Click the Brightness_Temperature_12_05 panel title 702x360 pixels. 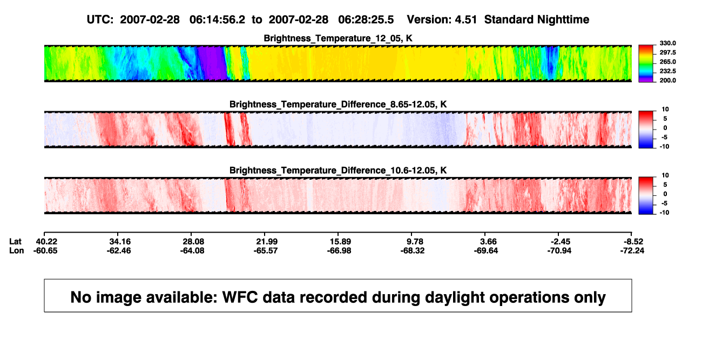[x=338, y=38]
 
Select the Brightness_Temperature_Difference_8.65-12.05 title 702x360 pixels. [x=338, y=104]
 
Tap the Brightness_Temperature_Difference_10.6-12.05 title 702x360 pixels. [x=338, y=171]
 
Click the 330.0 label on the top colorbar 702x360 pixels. [x=667, y=43]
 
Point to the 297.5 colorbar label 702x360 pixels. [x=667, y=52]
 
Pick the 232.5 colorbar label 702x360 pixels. [x=667, y=71]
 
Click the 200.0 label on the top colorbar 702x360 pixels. [x=667, y=80]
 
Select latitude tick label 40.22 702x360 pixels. [x=46, y=242]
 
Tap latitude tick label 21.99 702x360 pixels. [x=267, y=242]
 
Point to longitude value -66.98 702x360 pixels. [x=339, y=250]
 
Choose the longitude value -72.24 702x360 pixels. [x=632, y=250]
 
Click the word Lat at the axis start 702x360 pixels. [x=15, y=242]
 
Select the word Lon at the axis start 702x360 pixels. [x=16, y=250]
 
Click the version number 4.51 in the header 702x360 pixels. [x=465, y=20]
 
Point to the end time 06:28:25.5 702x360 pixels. [x=366, y=20]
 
